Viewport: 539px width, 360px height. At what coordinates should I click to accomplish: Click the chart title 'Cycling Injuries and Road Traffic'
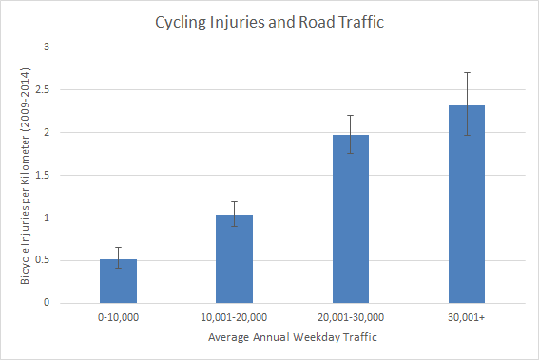tap(270, 23)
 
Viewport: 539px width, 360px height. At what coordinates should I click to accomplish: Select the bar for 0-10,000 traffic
tap(118, 281)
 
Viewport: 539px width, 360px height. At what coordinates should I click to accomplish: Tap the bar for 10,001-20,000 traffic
tap(234, 259)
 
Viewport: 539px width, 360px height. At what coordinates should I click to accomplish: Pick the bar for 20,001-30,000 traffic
tap(351, 219)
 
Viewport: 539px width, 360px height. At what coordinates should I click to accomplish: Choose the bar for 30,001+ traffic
tap(467, 204)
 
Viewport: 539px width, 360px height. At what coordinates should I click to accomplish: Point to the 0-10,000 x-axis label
tap(118, 317)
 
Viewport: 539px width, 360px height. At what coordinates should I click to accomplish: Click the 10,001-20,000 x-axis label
tap(234, 317)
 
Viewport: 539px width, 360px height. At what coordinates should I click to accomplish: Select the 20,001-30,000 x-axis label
tap(351, 317)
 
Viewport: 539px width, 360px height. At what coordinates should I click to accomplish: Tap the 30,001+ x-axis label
tap(467, 317)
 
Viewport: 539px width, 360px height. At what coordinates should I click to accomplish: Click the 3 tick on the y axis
tap(47, 47)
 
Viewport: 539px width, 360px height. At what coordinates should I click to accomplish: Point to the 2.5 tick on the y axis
tap(43, 89)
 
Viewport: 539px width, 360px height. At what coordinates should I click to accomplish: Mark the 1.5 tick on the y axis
tap(43, 175)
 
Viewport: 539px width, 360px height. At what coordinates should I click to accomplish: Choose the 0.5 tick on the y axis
tap(43, 260)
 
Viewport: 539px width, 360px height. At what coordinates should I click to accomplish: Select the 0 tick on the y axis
tap(47, 303)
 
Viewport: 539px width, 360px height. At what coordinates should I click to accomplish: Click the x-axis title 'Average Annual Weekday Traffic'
tap(293, 337)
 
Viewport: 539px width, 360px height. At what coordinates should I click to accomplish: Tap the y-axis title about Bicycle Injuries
tap(25, 177)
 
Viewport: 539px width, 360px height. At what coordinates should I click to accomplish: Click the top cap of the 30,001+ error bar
tap(467, 73)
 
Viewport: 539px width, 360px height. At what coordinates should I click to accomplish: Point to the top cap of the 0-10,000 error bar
tap(118, 247)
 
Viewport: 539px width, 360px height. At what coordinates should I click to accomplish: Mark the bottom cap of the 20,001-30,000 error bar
tap(350, 153)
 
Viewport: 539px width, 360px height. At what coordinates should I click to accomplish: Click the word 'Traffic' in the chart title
tap(361, 22)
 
